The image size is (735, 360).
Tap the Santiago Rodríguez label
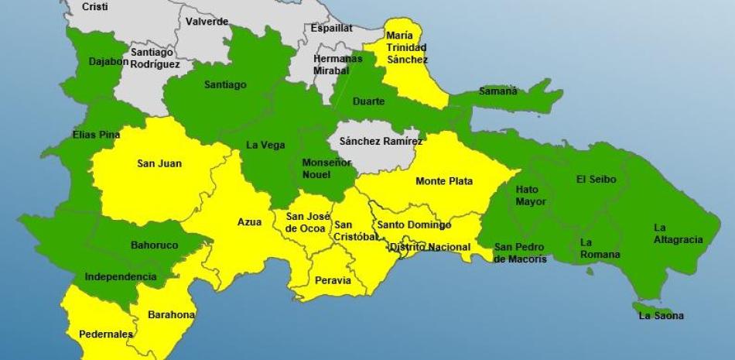[155, 58]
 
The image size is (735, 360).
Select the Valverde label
[207, 22]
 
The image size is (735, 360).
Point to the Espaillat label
[331, 28]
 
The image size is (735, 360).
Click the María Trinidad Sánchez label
[406, 47]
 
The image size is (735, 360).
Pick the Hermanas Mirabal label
[337, 63]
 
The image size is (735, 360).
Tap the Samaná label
[497, 91]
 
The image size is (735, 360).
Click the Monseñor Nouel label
[326, 168]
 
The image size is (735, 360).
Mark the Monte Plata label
[444, 181]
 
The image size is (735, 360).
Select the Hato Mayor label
[532, 196]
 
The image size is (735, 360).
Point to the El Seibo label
[597, 179]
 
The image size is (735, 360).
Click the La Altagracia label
[678, 234]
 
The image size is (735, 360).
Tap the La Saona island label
[661, 316]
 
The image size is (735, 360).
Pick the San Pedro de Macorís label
[521, 253]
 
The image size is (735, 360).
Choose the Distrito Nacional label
[430, 247]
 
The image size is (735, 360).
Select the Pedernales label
[106, 334]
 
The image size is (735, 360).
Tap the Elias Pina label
[96, 135]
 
